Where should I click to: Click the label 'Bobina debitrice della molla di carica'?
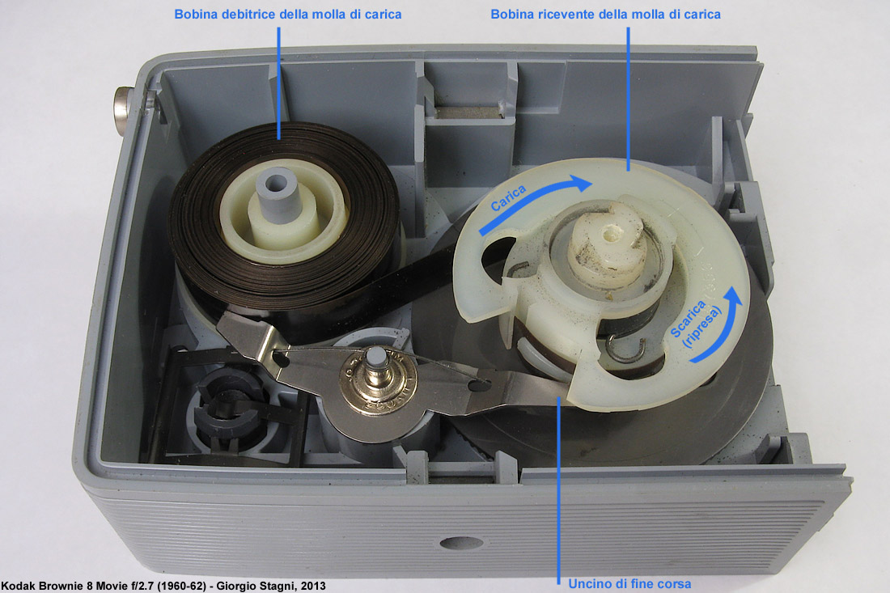pyautogui.click(x=288, y=15)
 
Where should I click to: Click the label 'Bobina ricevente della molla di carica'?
pyautogui.click(x=606, y=15)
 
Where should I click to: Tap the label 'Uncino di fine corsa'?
pyautogui.click(x=629, y=584)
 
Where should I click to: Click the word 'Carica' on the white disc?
pyautogui.click(x=508, y=197)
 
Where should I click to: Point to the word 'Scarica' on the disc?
pyautogui.click(x=688, y=319)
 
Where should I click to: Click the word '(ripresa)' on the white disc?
pyautogui.click(x=702, y=327)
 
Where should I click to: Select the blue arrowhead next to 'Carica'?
pyautogui.click(x=581, y=183)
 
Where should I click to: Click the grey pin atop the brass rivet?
pyautogui.click(x=375, y=357)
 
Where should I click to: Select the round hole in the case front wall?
pyautogui.click(x=461, y=543)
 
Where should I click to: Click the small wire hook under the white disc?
pyautogui.click(x=625, y=347)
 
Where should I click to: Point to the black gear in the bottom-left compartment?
pyautogui.click(x=227, y=409)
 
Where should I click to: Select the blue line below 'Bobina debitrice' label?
pyautogui.click(x=278, y=83)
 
